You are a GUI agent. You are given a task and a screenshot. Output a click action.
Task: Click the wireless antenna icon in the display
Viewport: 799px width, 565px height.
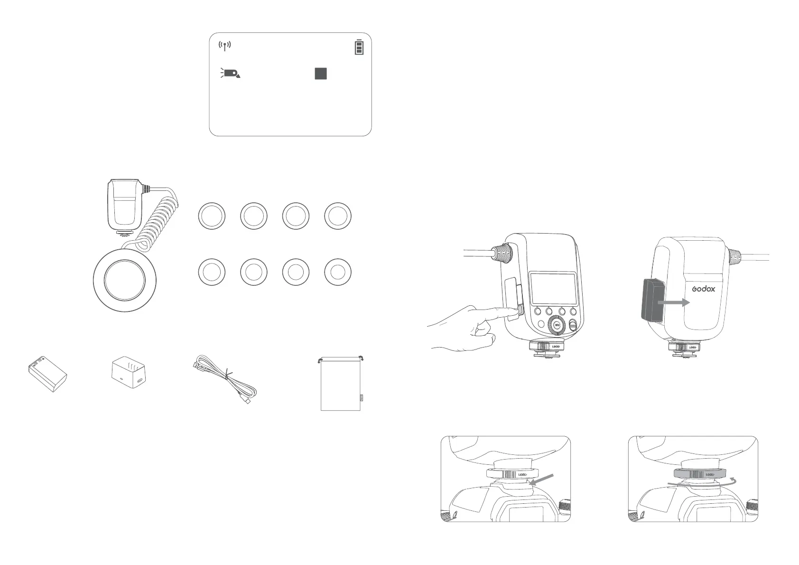[224, 46]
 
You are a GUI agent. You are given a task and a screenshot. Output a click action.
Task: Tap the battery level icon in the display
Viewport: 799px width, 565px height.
[359, 47]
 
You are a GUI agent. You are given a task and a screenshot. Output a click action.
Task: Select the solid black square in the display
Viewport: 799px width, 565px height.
[321, 74]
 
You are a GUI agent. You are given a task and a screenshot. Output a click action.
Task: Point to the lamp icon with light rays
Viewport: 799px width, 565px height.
[231, 73]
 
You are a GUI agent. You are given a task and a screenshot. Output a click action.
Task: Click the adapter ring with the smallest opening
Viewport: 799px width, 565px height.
[338, 273]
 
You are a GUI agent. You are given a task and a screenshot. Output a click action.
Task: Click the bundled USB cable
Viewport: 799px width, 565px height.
[227, 380]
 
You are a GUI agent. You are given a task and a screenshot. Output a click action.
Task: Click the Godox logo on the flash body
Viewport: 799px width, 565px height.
[703, 288]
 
